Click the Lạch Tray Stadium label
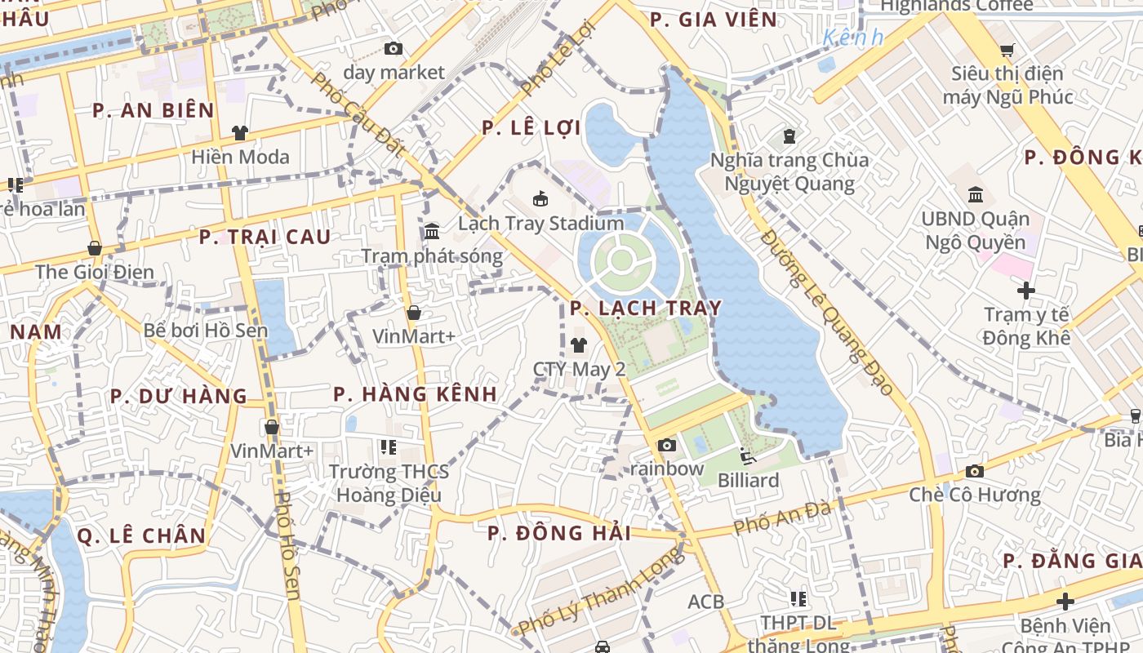click(x=540, y=223)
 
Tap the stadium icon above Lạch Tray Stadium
click(x=540, y=198)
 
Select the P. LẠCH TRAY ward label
click(x=646, y=308)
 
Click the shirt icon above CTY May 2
click(x=579, y=345)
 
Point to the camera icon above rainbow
click(x=667, y=445)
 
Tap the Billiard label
click(x=748, y=480)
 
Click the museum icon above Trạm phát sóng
click(x=432, y=231)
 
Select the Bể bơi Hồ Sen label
click(x=206, y=330)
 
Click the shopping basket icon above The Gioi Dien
click(x=95, y=248)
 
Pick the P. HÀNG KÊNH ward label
click(x=415, y=393)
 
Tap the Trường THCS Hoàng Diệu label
click(x=389, y=483)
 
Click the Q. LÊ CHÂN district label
click(x=141, y=535)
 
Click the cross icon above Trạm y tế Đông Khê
click(x=1026, y=290)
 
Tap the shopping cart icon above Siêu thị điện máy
click(x=1007, y=50)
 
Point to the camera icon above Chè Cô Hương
click(x=974, y=471)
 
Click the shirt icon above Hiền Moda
click(x=240, y=132)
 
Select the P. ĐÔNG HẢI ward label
click(x=559, y=533)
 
